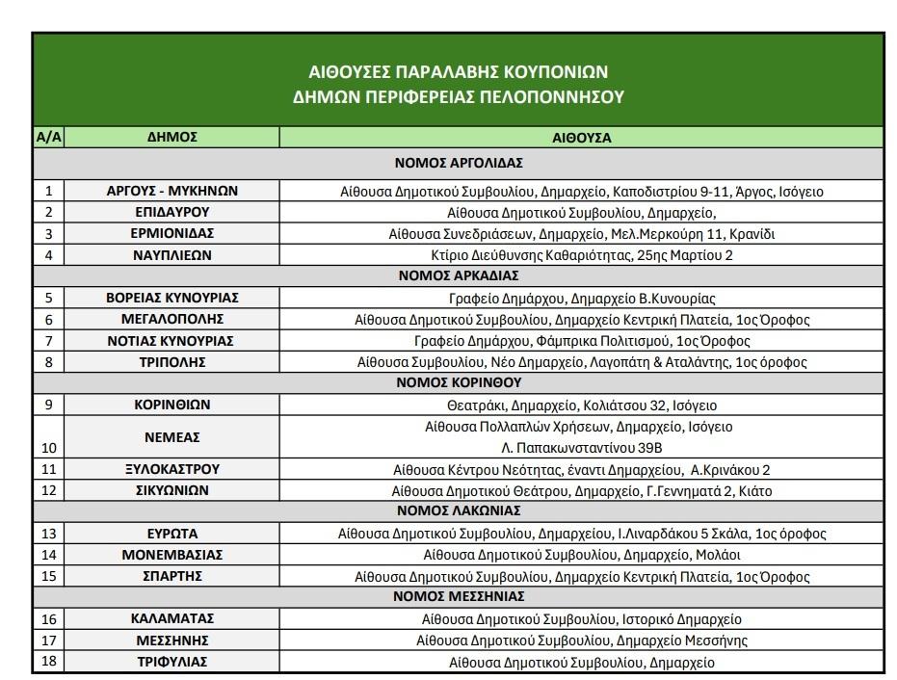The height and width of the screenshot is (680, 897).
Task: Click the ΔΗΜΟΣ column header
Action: pyautogui.click(x=171, y=137)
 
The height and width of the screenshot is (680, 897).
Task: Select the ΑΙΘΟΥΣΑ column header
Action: pyautogui.click(x=581, y=138)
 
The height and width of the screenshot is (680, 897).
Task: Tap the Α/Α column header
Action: pyautogui.click(x=48, y=137)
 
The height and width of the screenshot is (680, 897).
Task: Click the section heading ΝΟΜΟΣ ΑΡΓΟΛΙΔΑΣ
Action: pyautogui.click(x=459, y=161)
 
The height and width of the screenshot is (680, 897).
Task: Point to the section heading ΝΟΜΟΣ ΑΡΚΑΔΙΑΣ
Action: pyautogui.click(x=459, y=275)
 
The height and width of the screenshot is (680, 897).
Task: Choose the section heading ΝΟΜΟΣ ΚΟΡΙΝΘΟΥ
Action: pyautogui.click(x=459, y=382)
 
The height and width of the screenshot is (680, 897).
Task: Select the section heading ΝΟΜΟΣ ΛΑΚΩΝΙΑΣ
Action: pyautogui.click(x=459, y=510)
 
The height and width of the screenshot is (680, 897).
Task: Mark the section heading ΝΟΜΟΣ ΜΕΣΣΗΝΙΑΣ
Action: pyautogui.click(x=459, y=596)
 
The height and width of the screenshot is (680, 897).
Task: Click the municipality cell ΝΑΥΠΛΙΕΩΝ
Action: pyautogui.click(x=171, y=255)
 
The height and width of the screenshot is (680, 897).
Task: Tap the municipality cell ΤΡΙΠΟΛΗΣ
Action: pyautogui.click(x=171, y=362)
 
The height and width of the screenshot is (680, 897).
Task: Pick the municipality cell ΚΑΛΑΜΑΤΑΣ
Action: pyautogui.click(x=171, y=618)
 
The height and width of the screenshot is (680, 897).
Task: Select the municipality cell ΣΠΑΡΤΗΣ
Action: pyautogui.click(x=171, y=576)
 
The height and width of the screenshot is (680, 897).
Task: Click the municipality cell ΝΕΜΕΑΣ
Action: pyautogui.click(x=171, y=436)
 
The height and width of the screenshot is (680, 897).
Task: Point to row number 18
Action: pyautogui.click(x=48, y=662)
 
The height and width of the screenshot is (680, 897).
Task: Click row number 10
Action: pyautogui.click(x=48, y=447)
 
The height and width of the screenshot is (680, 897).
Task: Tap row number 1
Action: pyautogui.click(x=48, y=191)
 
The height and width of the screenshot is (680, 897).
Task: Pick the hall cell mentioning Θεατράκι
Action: pyautogui.click(x=581, y=405)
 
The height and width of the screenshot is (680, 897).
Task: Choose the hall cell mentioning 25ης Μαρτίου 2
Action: pyautogui.click(x=581, y=255)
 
